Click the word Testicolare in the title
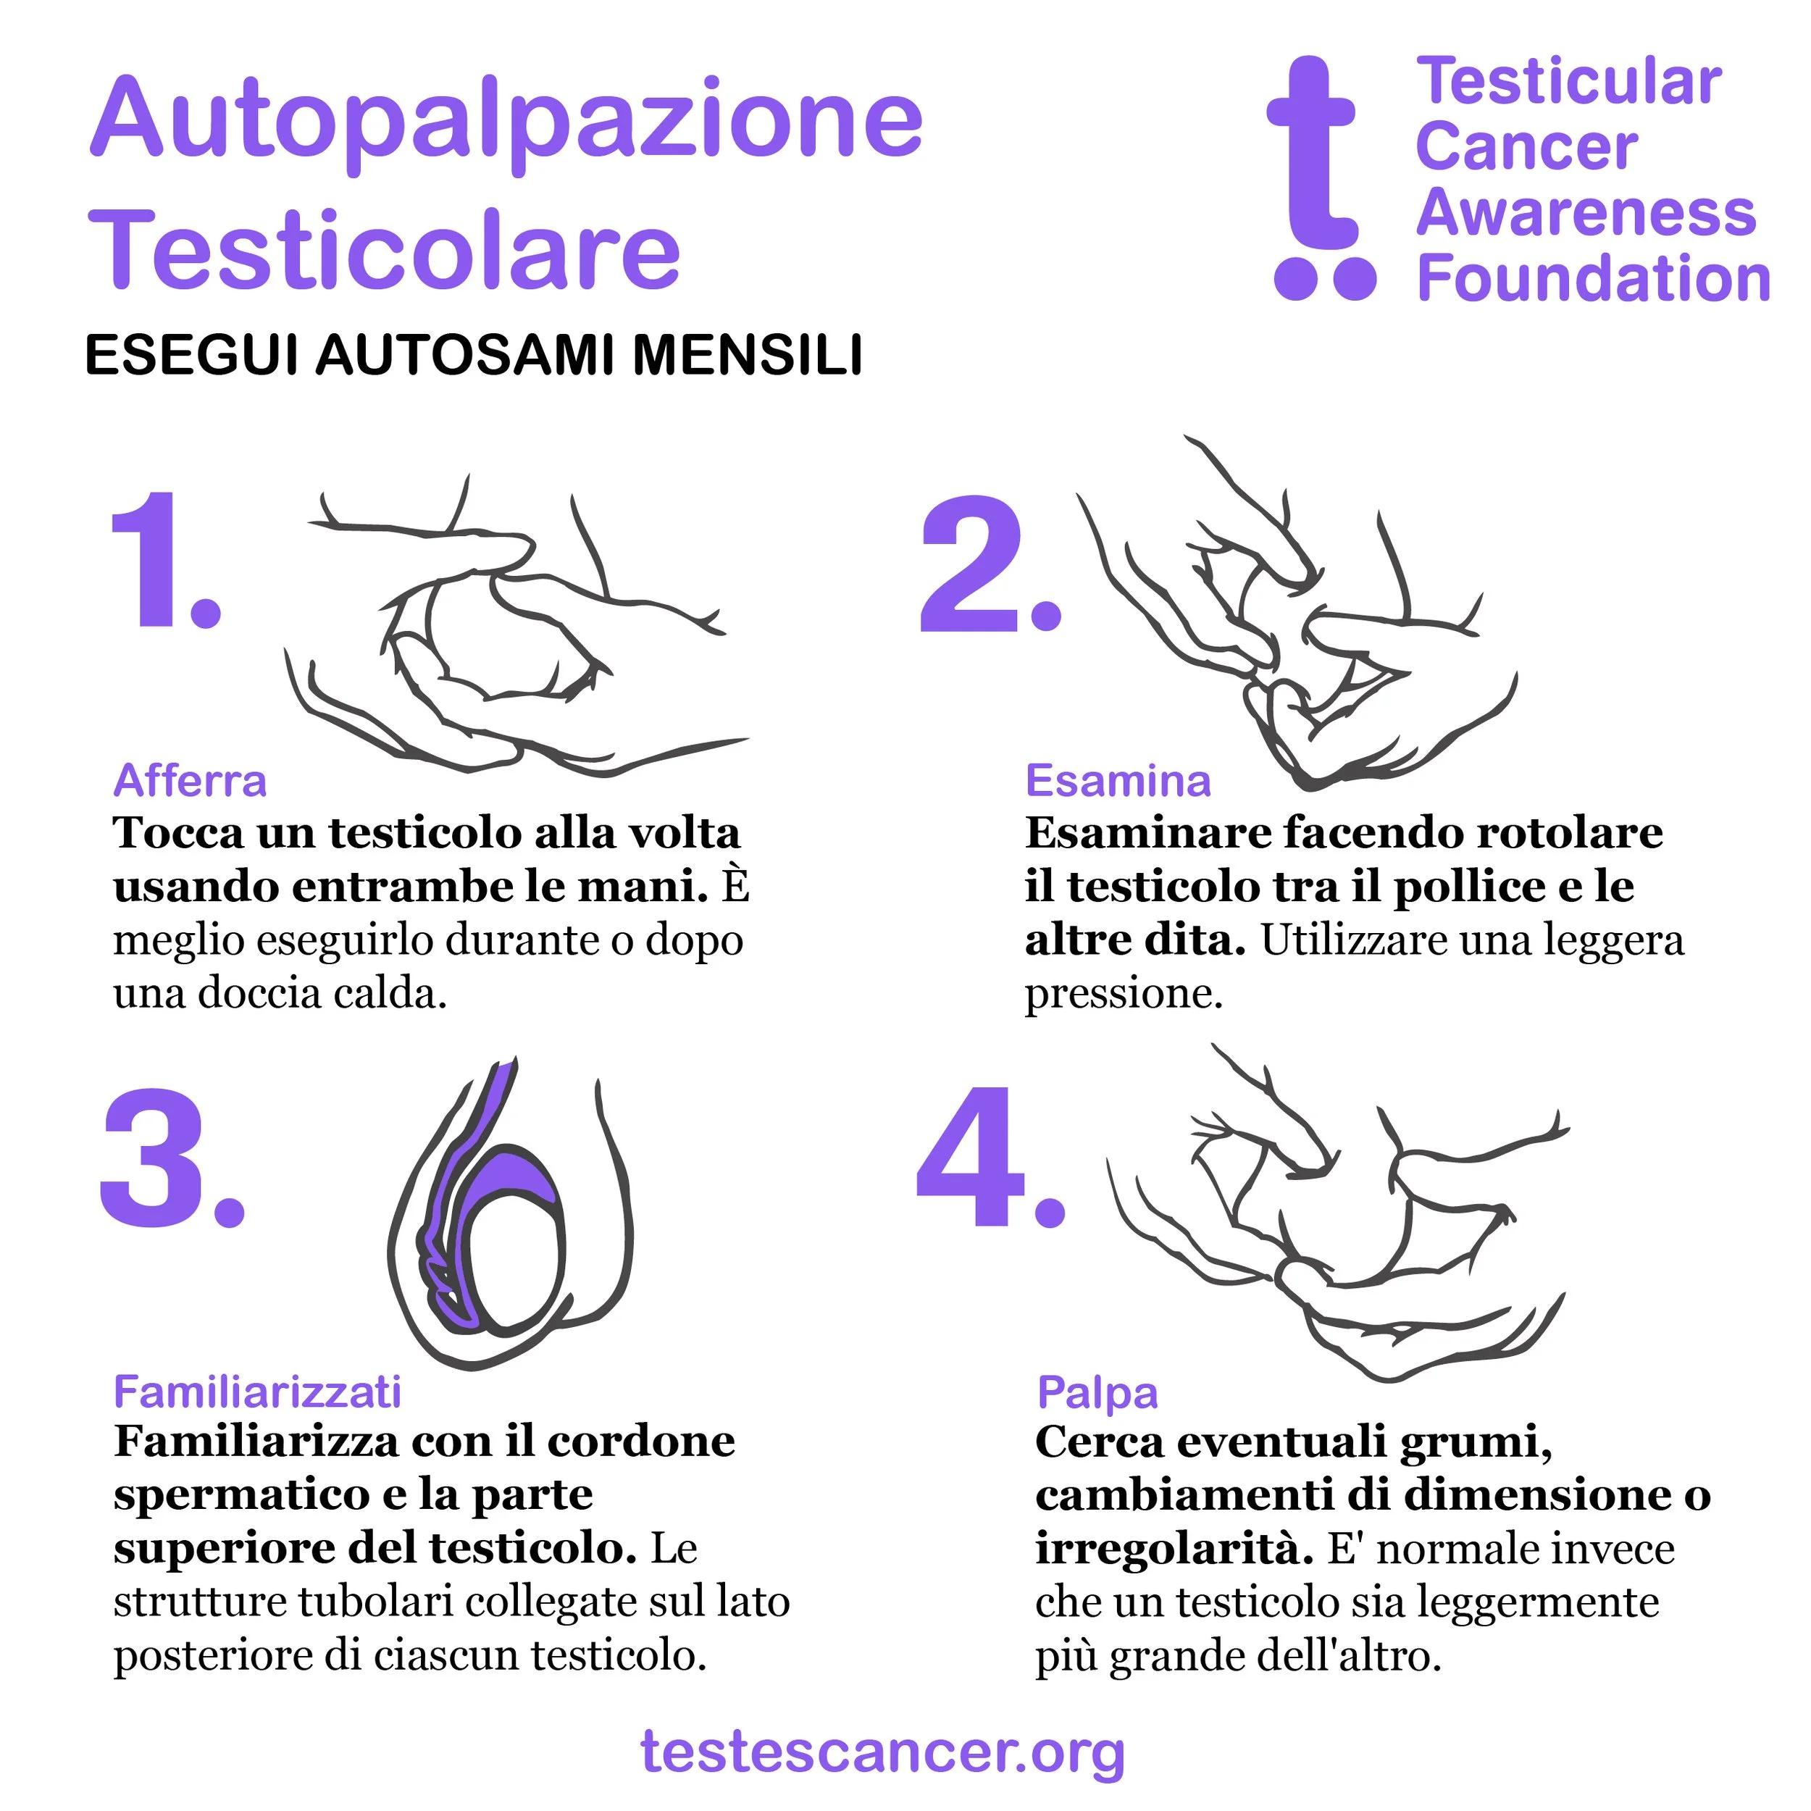[385, 249]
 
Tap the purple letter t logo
[1320, 178]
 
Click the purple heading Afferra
[191, 781]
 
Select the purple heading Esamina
[1118, 781]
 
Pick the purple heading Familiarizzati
[258, 1392]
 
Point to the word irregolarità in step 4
[1174, 1549]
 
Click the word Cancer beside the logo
[1527, 147]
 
